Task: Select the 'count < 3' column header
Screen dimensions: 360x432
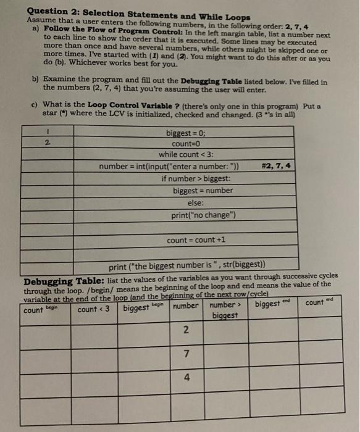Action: click(93, 309)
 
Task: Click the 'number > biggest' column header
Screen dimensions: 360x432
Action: click(222, 310)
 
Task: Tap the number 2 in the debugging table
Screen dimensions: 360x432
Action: click(186, 331)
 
